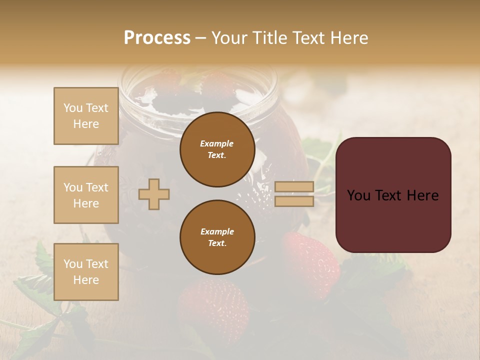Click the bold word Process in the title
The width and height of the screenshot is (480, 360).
pos(157,38)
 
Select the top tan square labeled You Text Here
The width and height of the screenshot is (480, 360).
pos(86,116)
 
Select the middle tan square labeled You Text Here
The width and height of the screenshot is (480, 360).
pos(86,195)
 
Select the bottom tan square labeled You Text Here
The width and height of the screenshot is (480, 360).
pos(86,272)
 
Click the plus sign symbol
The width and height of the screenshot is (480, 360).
pos(154,194)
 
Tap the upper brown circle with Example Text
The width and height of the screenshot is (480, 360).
pos(217,149)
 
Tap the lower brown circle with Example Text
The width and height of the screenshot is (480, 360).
pos(217,237)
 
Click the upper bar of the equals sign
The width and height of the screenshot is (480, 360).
pos(294,187)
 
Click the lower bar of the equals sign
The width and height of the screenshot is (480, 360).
pos(294,201)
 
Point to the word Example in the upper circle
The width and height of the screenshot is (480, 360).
pos(217,143)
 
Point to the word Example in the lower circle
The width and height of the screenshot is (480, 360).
pos(217,231)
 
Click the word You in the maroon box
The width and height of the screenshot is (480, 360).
pos(358,195)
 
